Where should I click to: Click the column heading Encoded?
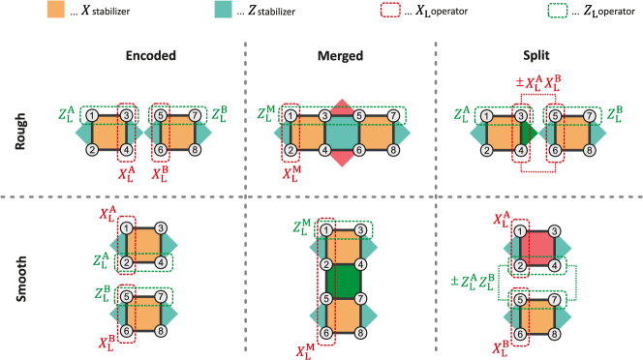click(151, 56)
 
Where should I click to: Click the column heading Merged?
click(340, 56)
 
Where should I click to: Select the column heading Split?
click(536, 56)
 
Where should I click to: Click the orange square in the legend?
click(56, 9)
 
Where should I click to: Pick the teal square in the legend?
click(224, 9)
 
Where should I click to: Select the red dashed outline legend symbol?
click(390, 10)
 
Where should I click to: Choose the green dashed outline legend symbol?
click(558, 11)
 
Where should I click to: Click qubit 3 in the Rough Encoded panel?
click(126, 115)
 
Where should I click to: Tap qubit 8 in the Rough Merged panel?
click(393, 150)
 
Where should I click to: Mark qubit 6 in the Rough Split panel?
click(555, 150)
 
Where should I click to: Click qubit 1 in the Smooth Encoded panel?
click(126, 228)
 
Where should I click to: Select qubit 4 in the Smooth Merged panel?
click(360, 264)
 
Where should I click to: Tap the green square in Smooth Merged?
click(343, 281)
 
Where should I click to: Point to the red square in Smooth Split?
click(536, 246)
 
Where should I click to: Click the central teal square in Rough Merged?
click(342, 133)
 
